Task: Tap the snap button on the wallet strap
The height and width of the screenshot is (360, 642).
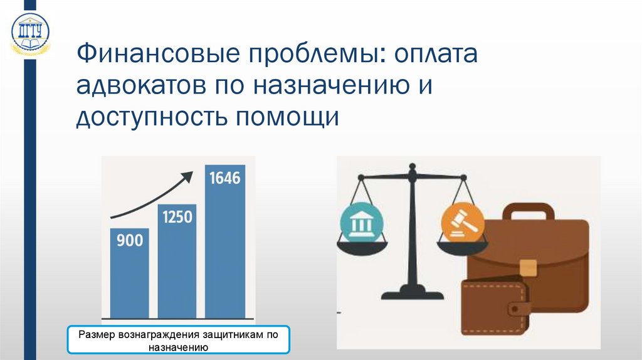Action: (518, 309)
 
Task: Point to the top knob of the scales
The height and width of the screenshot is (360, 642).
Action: (412, 168)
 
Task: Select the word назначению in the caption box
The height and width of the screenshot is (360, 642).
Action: (178, 347)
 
